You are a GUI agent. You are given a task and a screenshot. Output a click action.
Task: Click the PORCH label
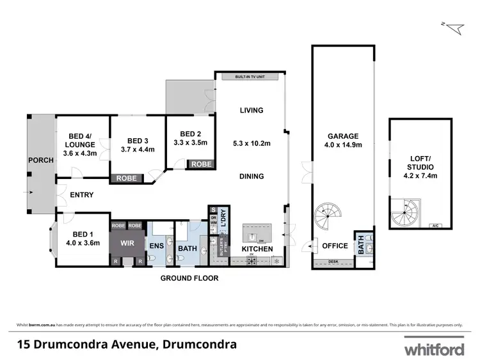pyautogui.click(x=40, y=160)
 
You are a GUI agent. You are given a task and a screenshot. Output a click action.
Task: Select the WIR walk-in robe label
pyautogui.click(x=127, y=244)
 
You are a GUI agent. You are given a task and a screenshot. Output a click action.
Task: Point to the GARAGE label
pyautogui.click(x=343, y=136)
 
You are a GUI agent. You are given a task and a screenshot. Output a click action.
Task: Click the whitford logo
pyautogui.click(x=434, y=349)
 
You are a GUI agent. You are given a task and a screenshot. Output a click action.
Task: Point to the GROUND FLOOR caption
pyautogui.click(x=189, y=278)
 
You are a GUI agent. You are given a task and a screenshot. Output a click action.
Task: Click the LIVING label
pyautogui.click(x=252, y=111)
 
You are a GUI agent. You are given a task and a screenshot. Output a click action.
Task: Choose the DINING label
pyautogui.click(x=252, y=176)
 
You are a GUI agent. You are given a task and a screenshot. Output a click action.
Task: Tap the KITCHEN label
pyautogui.click(x=257, y=249)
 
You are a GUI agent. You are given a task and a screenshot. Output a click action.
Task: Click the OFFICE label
pyautogui.click(x=335, y=246)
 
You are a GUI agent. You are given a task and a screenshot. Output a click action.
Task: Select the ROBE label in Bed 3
pyautogui.click(x=125, y=178)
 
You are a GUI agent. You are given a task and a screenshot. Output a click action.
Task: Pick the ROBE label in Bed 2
pyautogui.click(x=202, y=164)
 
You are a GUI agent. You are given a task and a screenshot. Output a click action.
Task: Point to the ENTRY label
pyautogui.click(x=81, y=195)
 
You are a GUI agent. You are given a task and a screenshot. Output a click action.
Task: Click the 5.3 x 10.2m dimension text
pyautogui.click(x=252, y=144)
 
